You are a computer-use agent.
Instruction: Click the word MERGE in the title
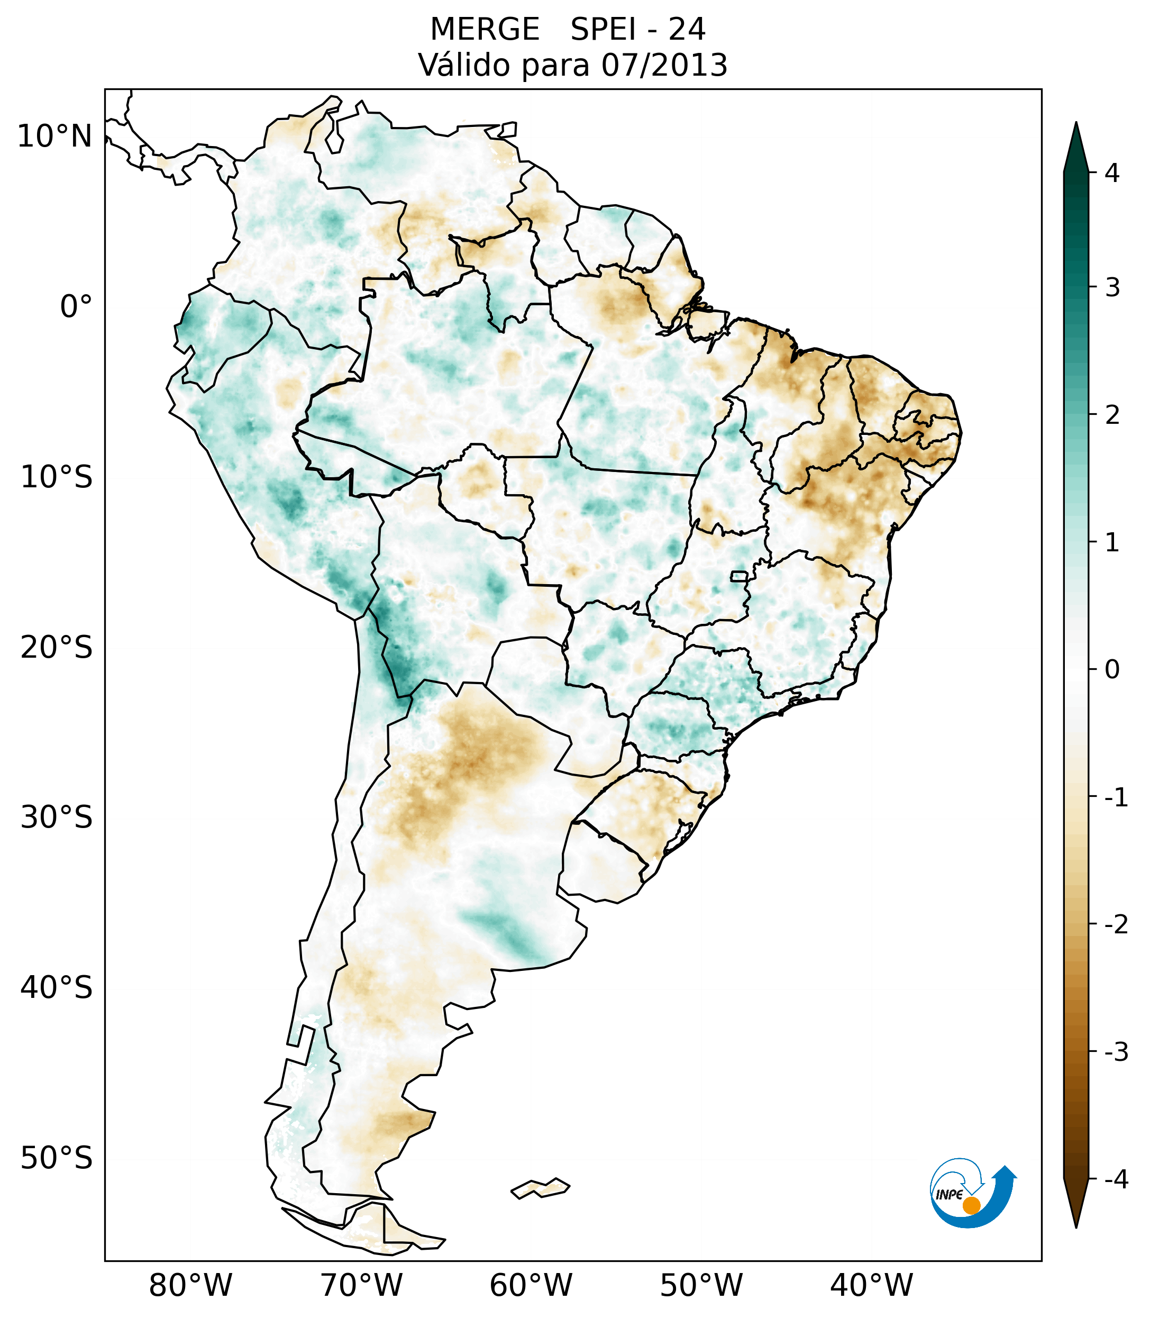tap(484, 30)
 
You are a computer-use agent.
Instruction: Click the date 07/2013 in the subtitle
tap(664, 65)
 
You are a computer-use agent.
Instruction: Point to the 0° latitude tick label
tap(76, 307)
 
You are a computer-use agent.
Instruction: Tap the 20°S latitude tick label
tap(57, 648)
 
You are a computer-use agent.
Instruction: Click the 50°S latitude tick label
tap(57, 1158)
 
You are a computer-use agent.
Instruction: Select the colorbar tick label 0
tap(1112, 669)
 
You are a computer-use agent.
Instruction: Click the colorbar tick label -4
tap(1116, 1179)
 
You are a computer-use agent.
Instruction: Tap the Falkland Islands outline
tap(540, 1188)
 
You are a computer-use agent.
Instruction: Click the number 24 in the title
tap(687, 30)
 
